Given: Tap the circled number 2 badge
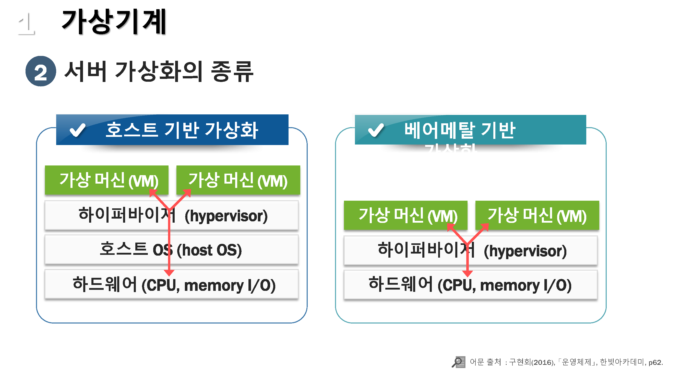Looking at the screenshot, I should pos(41,71).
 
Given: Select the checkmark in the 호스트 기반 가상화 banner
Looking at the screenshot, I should pos(77,130).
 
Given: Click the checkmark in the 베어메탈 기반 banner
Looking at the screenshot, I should pos(376,130).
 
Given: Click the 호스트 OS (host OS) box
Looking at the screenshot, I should pos(171,250).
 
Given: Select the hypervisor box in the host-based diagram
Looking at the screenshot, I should pos(171,216).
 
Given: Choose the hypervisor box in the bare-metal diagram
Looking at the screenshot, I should pos(471,250).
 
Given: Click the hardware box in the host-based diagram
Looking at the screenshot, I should pos(171,285).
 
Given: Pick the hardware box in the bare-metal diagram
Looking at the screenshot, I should pos(471,285).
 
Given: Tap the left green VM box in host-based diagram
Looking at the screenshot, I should pos(106,180).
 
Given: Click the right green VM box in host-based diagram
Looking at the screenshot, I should pos(238,180).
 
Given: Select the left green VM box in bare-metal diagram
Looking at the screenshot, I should pos(405,215).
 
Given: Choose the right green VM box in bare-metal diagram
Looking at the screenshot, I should pos(537,215).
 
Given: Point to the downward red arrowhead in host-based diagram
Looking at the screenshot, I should pos(169,272).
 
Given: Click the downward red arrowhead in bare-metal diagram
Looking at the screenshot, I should pos(467,273).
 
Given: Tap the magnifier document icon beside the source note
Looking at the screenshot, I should pos(458,362).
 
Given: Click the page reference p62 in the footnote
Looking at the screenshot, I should pos(655,362).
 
